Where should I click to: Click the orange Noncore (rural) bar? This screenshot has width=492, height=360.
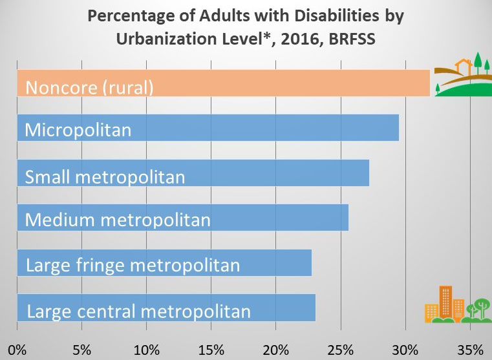point(223,83)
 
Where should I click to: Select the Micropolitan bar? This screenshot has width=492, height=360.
point(208,128)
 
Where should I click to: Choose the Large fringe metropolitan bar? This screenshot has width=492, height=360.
point(164,262)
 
